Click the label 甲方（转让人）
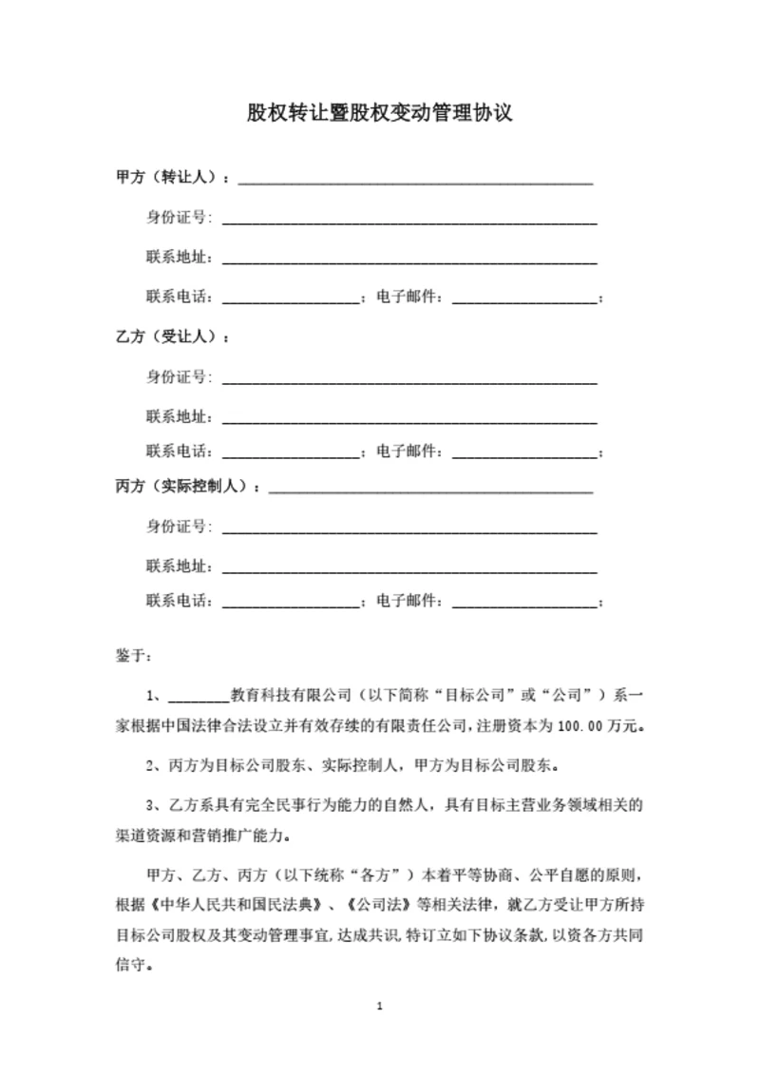pos(166,178)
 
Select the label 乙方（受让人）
pos(166,337)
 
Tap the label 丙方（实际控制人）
pos(182,487)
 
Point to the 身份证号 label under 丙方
pos(178,527)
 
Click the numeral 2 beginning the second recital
pos(152,763)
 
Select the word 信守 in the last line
pos(131,961)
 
